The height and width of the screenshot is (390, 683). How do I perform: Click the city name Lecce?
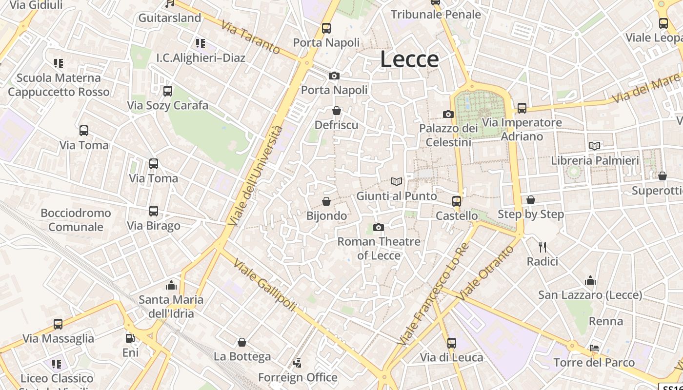coord(409,59)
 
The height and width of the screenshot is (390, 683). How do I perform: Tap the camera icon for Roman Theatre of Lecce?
coord(378,227)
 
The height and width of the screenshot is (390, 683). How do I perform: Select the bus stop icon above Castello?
coord(457,201)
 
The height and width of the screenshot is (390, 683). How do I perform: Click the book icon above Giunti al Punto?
coord(397,182)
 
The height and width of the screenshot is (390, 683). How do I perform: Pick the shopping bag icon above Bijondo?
coord(326,201)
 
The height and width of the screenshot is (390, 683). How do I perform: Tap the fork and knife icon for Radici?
coord(542,247)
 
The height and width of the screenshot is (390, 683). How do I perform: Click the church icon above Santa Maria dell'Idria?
coord(171,285)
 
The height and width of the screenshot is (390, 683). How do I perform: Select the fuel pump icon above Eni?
coord(130,338)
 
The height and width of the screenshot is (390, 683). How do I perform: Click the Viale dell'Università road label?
coord(256,176)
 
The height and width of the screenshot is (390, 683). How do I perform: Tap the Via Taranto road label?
coord(250,37)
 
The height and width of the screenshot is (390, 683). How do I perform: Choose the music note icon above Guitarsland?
coord(170,3)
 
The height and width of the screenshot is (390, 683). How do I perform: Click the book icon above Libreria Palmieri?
coord(595,146)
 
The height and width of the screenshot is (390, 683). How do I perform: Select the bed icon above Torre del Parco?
coord(594,348)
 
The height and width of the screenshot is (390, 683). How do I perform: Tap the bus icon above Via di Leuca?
coord(452,343)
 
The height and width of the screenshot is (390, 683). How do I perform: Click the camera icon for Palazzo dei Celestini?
coord(448,115)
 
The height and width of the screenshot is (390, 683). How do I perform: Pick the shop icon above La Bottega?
coord(242,342)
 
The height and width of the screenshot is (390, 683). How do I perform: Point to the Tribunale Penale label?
coord(436,14)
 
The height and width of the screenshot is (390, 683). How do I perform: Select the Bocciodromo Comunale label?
coord(76,220)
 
